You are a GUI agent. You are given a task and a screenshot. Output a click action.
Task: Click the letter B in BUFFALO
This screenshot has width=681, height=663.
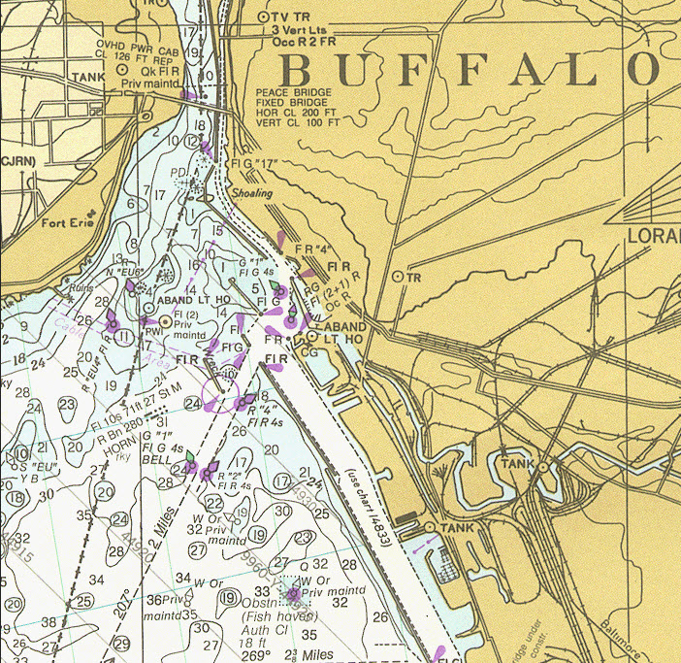coord(301,71)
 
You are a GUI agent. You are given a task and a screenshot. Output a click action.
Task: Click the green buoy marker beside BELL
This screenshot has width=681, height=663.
coord(189,457)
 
